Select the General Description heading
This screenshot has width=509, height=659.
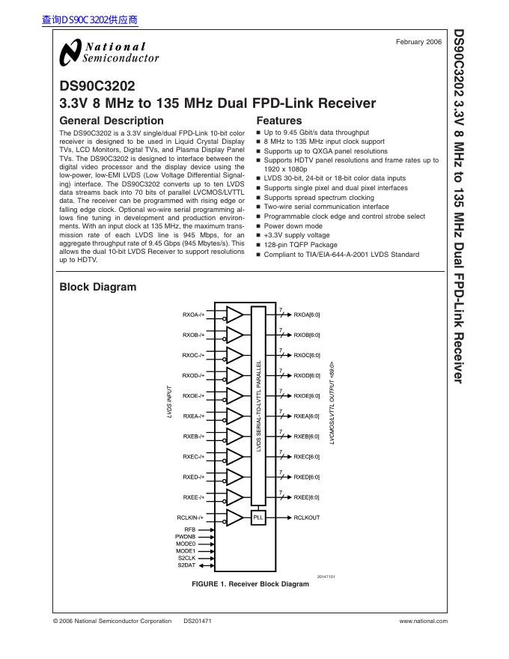coord(111,121)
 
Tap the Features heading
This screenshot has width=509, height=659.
coord(279,121)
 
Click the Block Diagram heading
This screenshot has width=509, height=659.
coord(97,287)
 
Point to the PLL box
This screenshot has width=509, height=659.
coord(258,517)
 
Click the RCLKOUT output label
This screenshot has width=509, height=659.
coord(307,517)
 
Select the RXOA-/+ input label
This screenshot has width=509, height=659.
coord(193,315)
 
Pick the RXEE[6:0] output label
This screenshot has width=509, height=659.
coord(307,497)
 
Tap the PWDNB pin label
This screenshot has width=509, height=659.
coord(186,537)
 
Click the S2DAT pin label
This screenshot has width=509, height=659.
coord(186,565)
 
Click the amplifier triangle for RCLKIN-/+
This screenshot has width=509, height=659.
coord(234,517)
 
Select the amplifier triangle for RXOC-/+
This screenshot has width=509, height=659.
coord(234,355)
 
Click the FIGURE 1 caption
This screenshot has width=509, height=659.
coord(250,583)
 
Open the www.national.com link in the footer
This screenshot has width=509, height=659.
coord(424,621)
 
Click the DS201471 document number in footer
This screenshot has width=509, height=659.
coord(198,621)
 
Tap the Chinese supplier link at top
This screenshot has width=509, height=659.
coord(91,20)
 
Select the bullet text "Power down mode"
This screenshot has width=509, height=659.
coord(293,225)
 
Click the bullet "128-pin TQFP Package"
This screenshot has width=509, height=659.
coord(300,245)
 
